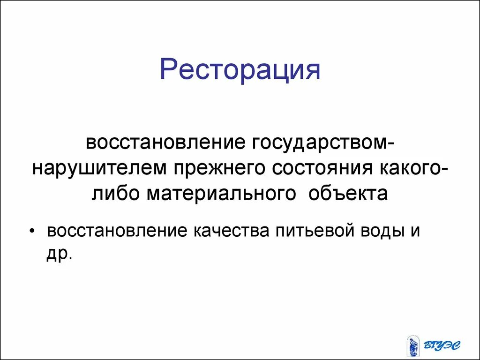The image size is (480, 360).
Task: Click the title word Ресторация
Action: pos(240,69)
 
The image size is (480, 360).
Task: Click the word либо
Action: pos(115,193)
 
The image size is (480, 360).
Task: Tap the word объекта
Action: pos(348,193)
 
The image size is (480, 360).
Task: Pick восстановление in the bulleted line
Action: pos(114,231)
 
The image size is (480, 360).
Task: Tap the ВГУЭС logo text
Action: pos(442,347)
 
